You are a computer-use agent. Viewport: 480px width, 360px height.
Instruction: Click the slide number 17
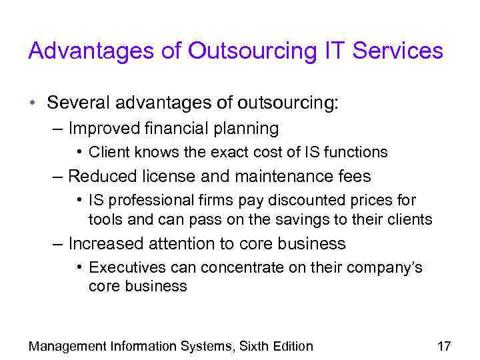443,346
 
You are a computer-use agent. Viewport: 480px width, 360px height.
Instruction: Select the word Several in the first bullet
79,103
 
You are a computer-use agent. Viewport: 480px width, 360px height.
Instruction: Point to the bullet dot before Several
32,104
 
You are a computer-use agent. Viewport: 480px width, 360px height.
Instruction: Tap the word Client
109,152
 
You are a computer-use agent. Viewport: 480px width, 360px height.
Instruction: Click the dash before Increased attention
59,243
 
